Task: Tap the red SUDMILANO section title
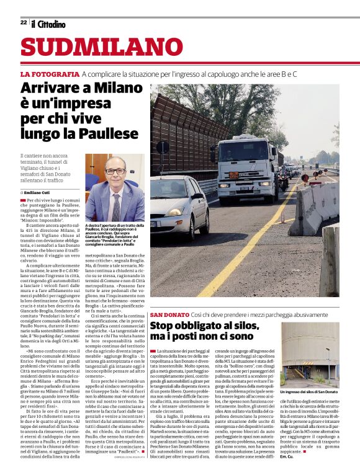click(x=93, y=48)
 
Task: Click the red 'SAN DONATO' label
click(x=169, y=316)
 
